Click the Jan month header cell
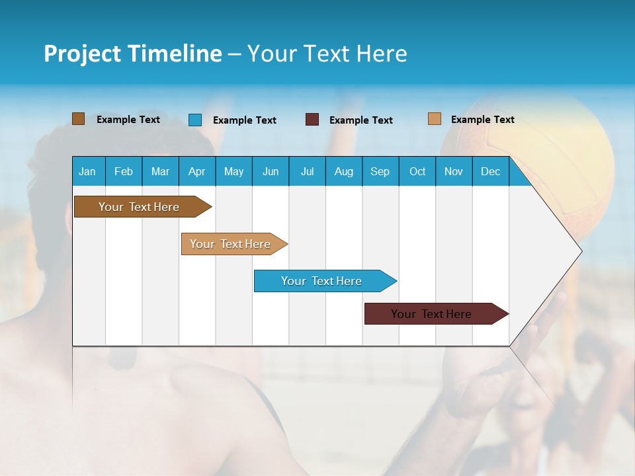[x=88, y=171]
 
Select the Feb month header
[x=124, y=171]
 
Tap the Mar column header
[x=160, y=171]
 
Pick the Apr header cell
[x=197, y=171]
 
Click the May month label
[x=233, y=171]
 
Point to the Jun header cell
[x=271, y=171]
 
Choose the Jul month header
[x=307, y=171]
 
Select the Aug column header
[x=344, y=171]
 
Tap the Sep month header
[x=380, y=171]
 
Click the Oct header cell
[x=417, y=171]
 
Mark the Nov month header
[x=454, y=171]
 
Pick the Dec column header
[x=491, y=171]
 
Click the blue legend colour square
[x=195, y=120]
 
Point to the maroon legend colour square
[x=312, y=120]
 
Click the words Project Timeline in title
[x=133, y=54]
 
